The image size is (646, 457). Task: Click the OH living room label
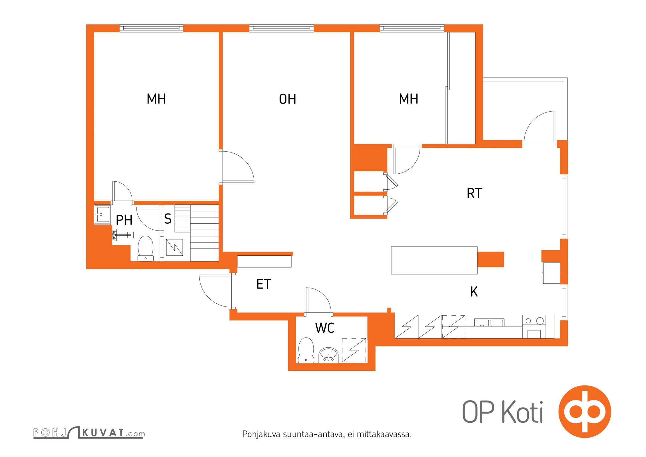tap(287, 99)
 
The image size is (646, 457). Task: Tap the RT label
tap(474, 193)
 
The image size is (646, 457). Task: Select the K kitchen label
tap(474, 292)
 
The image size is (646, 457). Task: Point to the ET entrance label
tap(264, 284)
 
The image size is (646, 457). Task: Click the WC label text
tap(325, 328)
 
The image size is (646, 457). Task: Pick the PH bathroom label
tap(124, 220)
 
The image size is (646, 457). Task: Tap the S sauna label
tap(168, 219)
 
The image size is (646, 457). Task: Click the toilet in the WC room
tap(306, 350)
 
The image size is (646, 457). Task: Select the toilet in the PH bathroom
tap(146, 248)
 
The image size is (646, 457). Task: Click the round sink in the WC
tap(328, 355)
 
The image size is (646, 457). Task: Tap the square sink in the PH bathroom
tap(102, 215)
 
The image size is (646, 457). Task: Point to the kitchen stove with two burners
tap(534, 327)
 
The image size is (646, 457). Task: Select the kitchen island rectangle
tap(434, 260)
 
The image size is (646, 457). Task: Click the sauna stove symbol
tap(174, 247)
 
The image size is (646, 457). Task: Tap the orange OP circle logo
tap(585, 412)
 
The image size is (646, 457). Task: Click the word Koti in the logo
tap(522, 412)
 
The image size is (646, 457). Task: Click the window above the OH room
tap(282, 28)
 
